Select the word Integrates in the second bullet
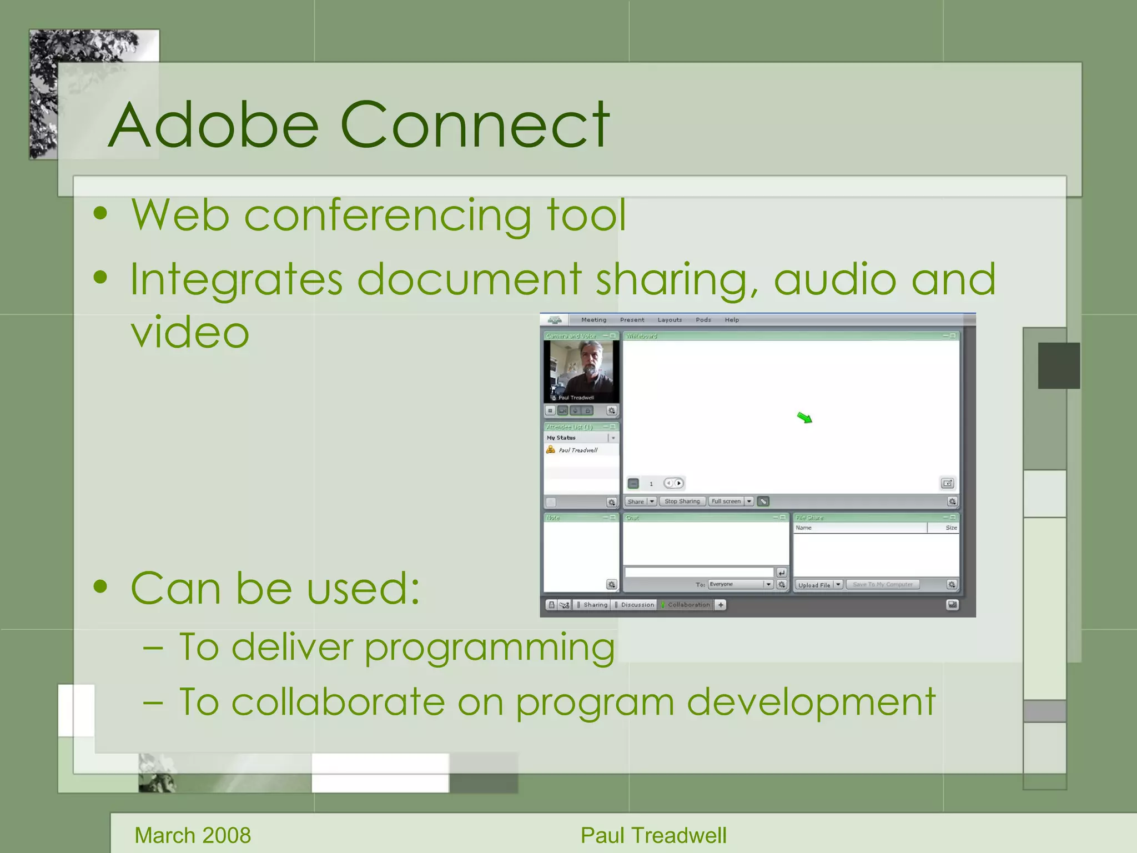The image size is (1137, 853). [236, 280]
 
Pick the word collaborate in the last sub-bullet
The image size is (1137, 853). [338, 703]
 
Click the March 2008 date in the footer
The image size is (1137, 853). [193, 835]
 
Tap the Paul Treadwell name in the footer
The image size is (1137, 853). [653, 835]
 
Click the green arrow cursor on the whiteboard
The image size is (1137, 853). [804, 418]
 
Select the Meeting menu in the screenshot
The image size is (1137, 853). [593, 320]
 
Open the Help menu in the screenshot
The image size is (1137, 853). [732, 320]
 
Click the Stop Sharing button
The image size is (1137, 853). [682, 501]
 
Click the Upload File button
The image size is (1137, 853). [814, 585]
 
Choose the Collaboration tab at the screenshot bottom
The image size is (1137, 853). [688, 605]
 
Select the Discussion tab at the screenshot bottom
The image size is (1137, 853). [637, 605]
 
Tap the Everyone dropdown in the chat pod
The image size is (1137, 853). [740, 584]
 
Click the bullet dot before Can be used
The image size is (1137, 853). [100, 586]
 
